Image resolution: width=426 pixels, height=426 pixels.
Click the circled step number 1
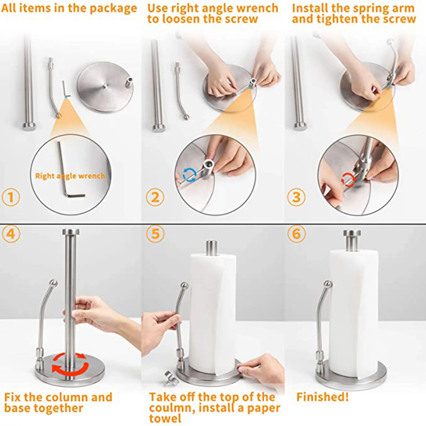pos(11,197)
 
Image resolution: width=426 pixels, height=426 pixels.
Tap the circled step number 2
pos(155,197)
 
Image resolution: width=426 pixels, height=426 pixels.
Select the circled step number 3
pos(296,197)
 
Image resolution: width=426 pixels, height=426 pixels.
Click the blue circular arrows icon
pos(190,175)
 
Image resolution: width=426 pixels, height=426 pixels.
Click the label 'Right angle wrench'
pos(70,176)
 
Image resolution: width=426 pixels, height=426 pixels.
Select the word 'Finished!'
pos(322,397)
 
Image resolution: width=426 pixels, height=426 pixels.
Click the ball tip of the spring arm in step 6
pos(328,284)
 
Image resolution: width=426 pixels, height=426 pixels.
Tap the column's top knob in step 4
pos(71,232)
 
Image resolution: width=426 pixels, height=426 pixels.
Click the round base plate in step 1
pos(105,87)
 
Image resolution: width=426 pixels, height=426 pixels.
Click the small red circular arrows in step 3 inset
pos(348,180)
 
